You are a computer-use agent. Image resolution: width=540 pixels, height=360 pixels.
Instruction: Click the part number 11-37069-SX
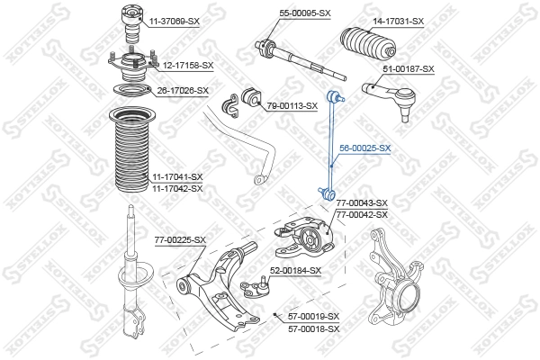click(x=175, y=20)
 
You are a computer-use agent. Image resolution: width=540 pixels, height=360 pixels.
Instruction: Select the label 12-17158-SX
click(x=187, y=65)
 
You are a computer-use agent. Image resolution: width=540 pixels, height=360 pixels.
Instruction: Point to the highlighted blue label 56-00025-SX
click(x=364, y=148)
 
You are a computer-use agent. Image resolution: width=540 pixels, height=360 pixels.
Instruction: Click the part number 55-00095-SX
click(x=305, y=13)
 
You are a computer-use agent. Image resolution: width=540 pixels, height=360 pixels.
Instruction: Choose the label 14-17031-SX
click(x=398, y=20)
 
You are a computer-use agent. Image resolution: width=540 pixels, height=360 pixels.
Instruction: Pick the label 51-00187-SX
click(x=409, y=69)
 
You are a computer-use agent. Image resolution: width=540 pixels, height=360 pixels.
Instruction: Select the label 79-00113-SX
click(x=292, y=105)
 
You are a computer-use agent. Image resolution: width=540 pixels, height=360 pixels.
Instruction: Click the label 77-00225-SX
click(x=180, y=239)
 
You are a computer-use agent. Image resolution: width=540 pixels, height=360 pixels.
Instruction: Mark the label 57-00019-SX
click(x=313, y=316)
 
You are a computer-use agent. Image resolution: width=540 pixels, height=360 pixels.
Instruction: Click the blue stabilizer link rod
click(x=330, y=144)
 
